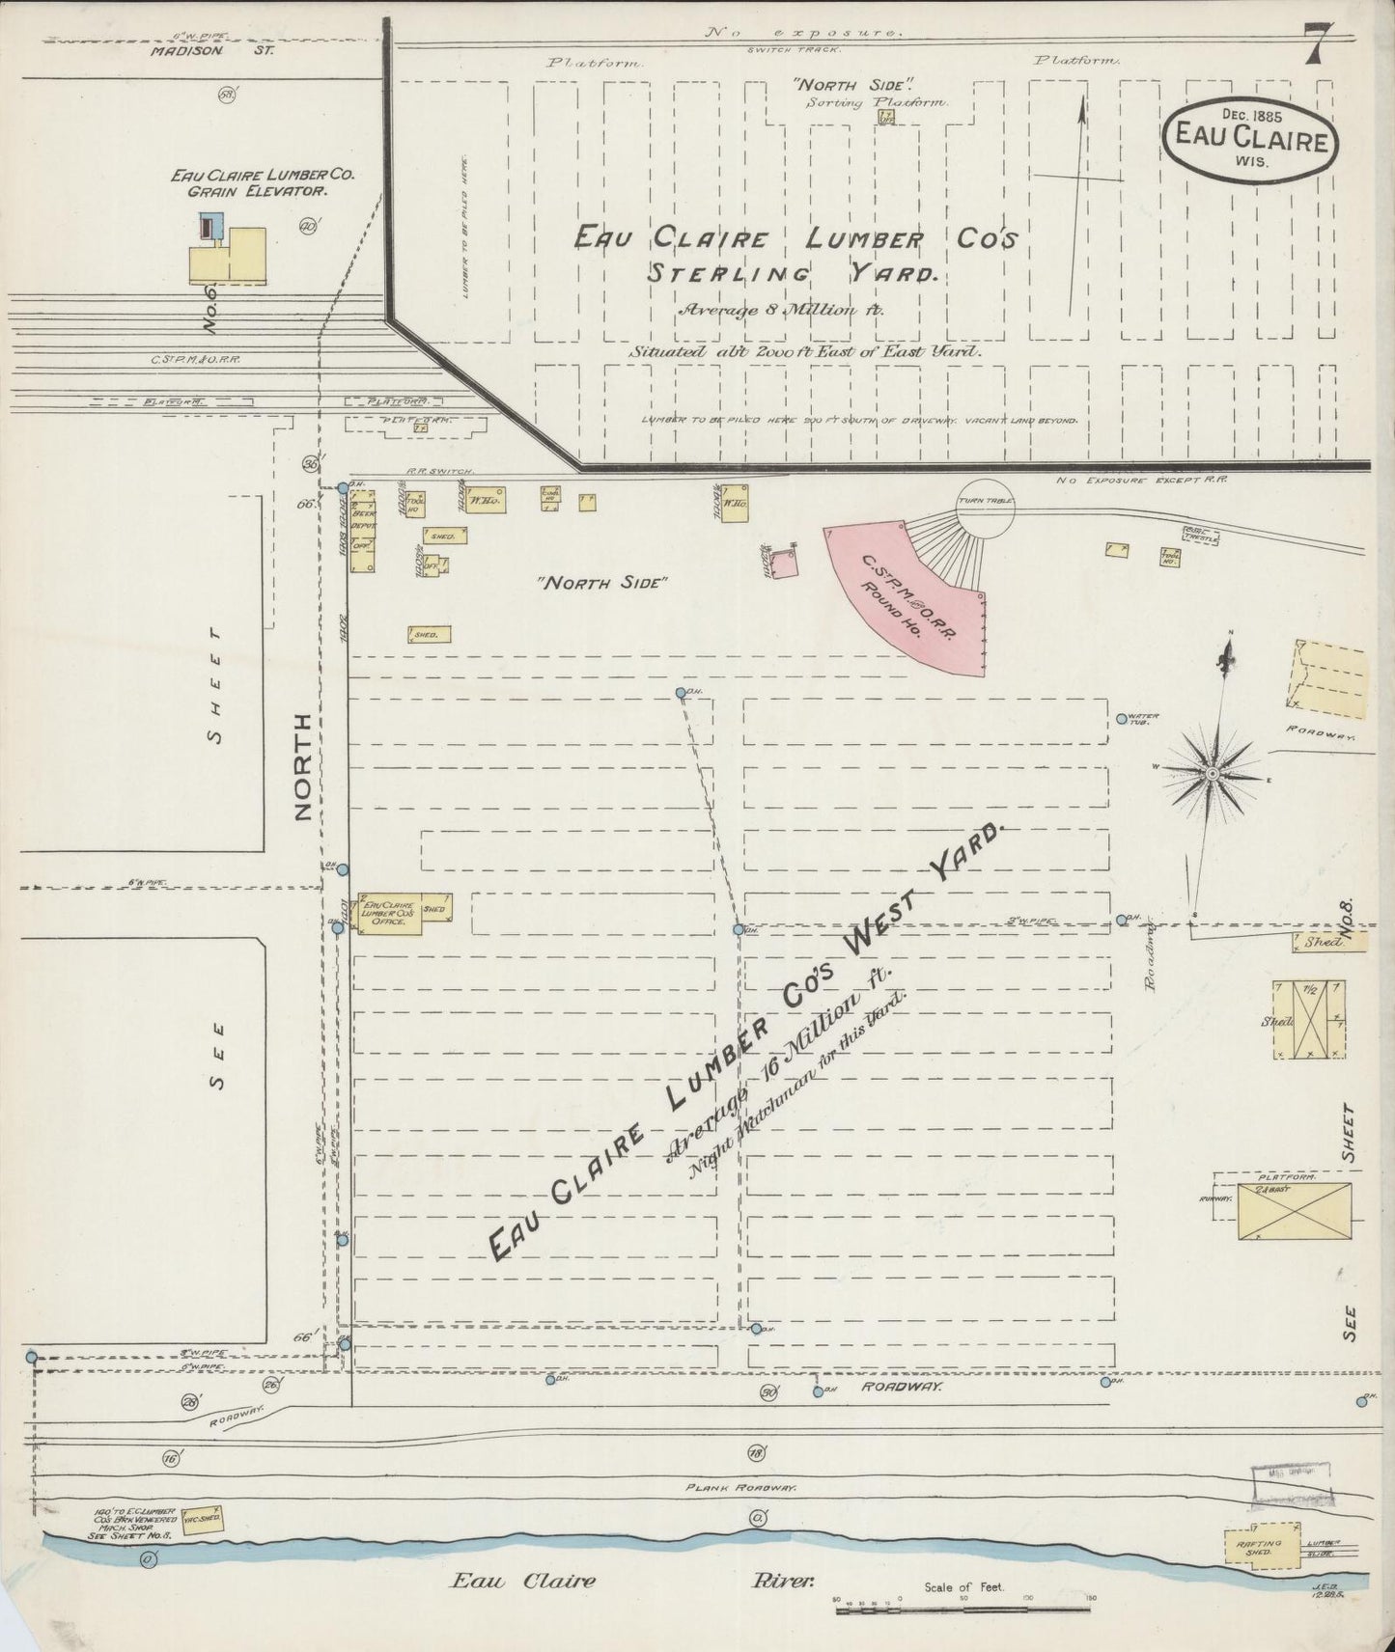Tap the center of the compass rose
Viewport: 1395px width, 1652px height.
[1212, 772]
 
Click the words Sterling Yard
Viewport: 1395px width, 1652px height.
[793, 274]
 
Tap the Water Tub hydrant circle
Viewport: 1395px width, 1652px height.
[1121, 718]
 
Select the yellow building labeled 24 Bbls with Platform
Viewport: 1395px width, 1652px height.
[1294, 1210]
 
